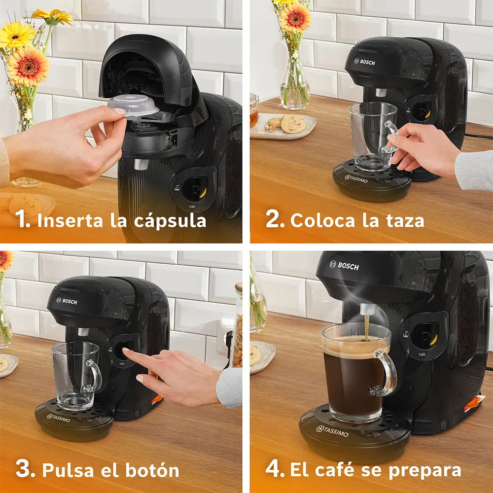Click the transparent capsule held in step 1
(133, 106)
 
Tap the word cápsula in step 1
(170, 221)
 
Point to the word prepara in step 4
(425, 471)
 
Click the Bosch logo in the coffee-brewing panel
(344, 266)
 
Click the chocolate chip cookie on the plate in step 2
(293, 124)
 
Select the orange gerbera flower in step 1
(28, 67)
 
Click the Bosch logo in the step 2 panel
(364, 62)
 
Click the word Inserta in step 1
(70, 220)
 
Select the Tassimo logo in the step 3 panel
(59, 418)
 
